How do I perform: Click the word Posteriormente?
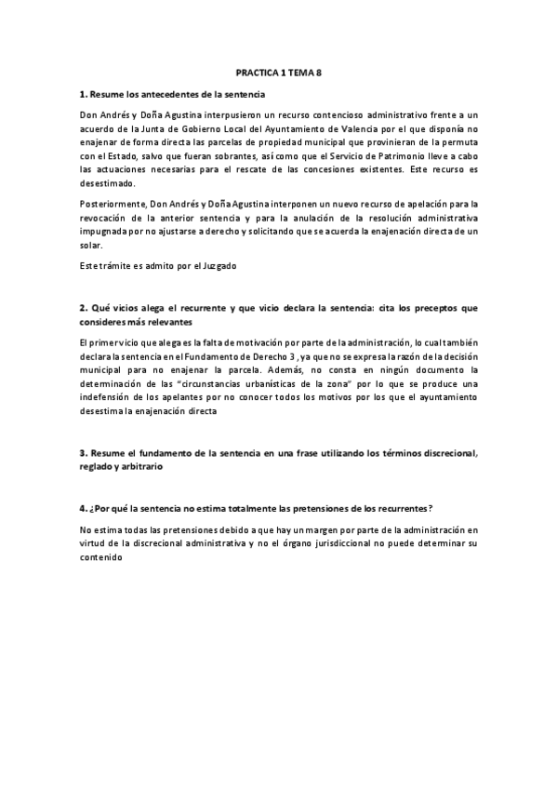[x=112, y=203]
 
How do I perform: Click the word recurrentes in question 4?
[x=402, y=509]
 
